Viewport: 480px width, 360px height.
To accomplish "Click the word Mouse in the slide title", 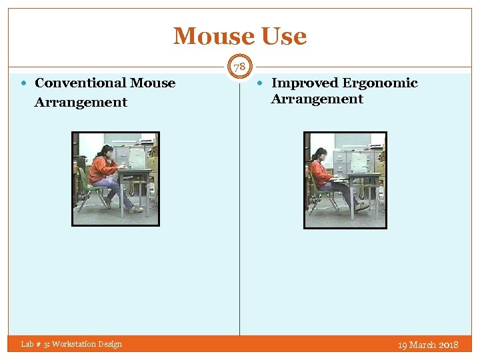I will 213,36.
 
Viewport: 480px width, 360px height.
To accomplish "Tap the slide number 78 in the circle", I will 240,67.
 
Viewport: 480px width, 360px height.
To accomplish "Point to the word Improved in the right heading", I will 305,83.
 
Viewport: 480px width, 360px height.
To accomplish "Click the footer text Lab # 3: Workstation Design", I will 71,344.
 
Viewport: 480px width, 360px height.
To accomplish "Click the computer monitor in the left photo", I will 137,158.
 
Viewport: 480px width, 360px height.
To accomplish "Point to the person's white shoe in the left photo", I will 136,209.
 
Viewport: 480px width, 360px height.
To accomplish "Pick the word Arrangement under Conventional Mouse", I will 81,103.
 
